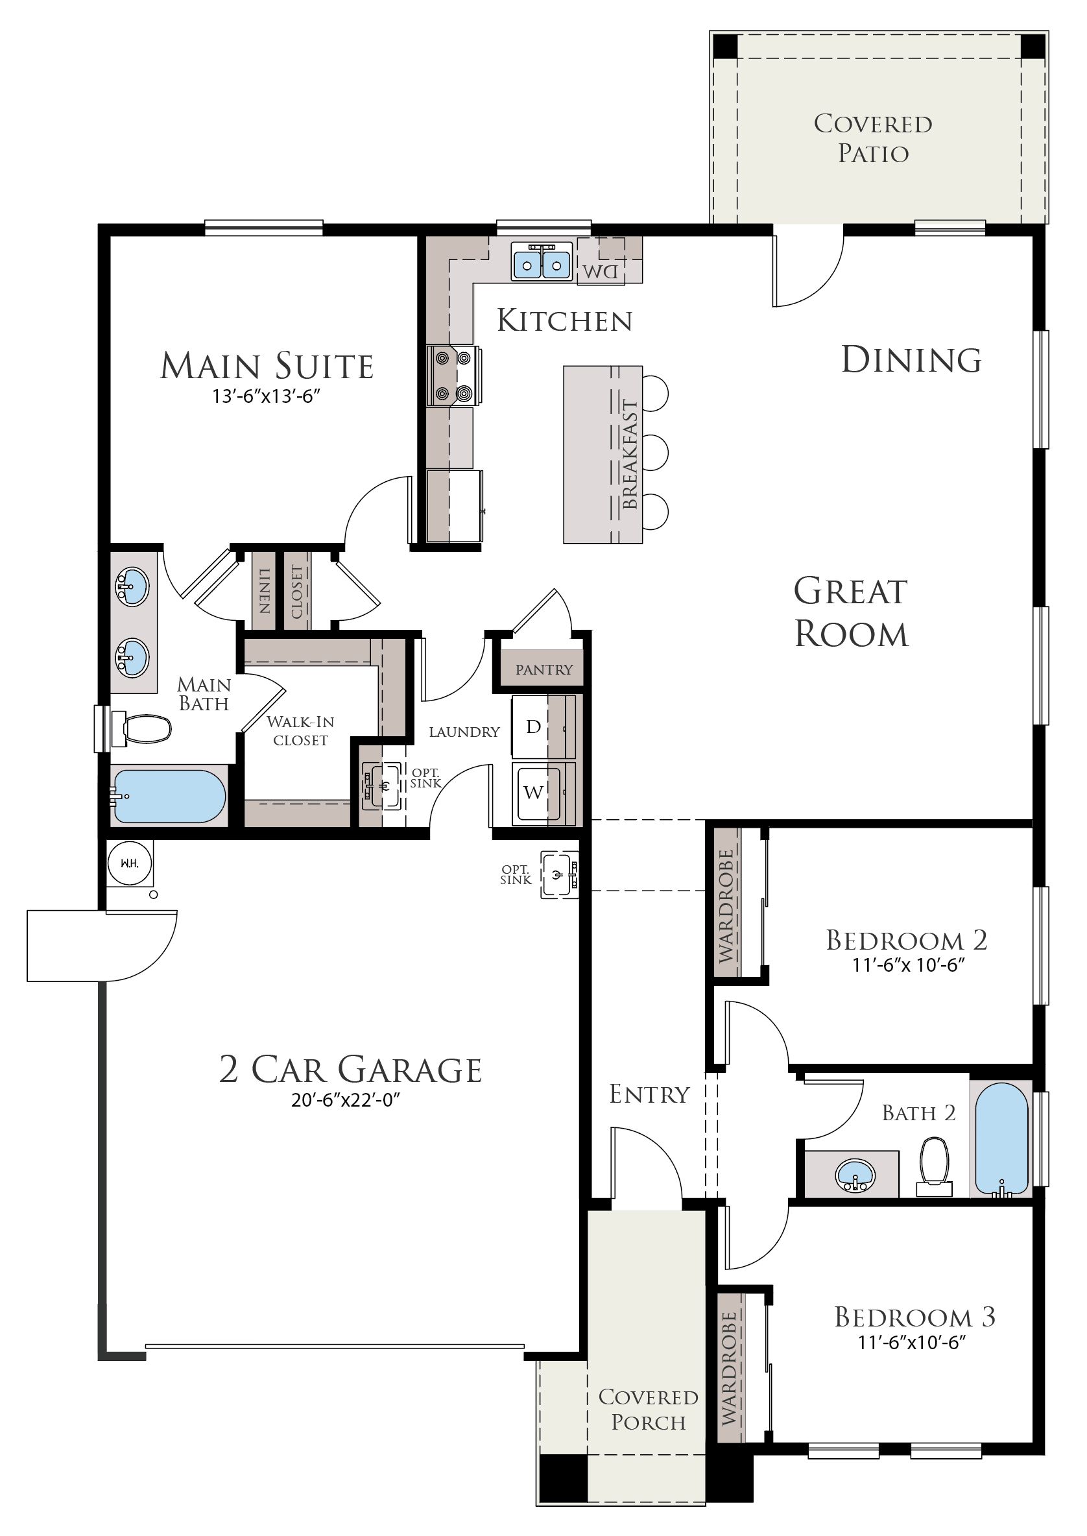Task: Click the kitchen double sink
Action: point(542,260)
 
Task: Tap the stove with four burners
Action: point(453,376)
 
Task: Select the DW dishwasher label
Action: point(601,271)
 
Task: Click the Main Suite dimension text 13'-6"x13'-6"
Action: point(263,396)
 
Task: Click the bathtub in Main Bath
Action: point(169,797)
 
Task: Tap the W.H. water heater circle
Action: point(130,863)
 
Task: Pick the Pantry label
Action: point(544,669)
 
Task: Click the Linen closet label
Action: point(265,591)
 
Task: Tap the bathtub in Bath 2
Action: point(1001,1139)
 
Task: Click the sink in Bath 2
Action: point(855,1174)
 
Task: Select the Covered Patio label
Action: point(873,138)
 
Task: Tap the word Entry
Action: point(649,1094)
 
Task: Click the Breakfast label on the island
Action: point(630,454)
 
